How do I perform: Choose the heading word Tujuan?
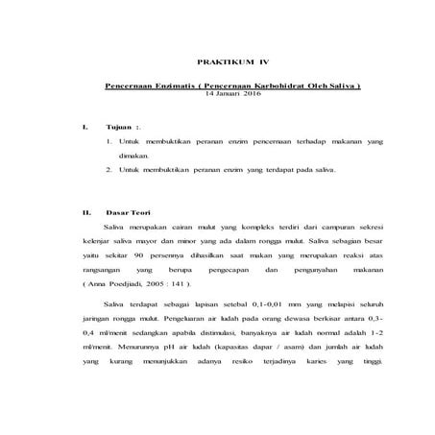click(118, 127)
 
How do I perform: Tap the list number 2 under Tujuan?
click(108, 168)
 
